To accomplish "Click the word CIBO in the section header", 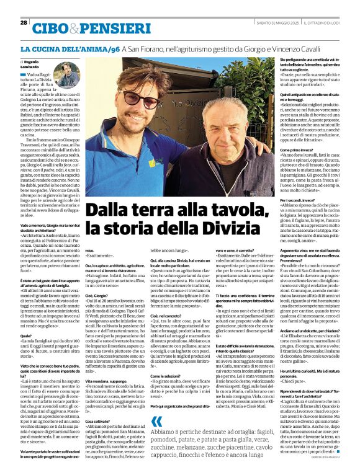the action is tap(52, 28).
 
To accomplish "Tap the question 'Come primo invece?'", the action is tap(296, 150).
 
